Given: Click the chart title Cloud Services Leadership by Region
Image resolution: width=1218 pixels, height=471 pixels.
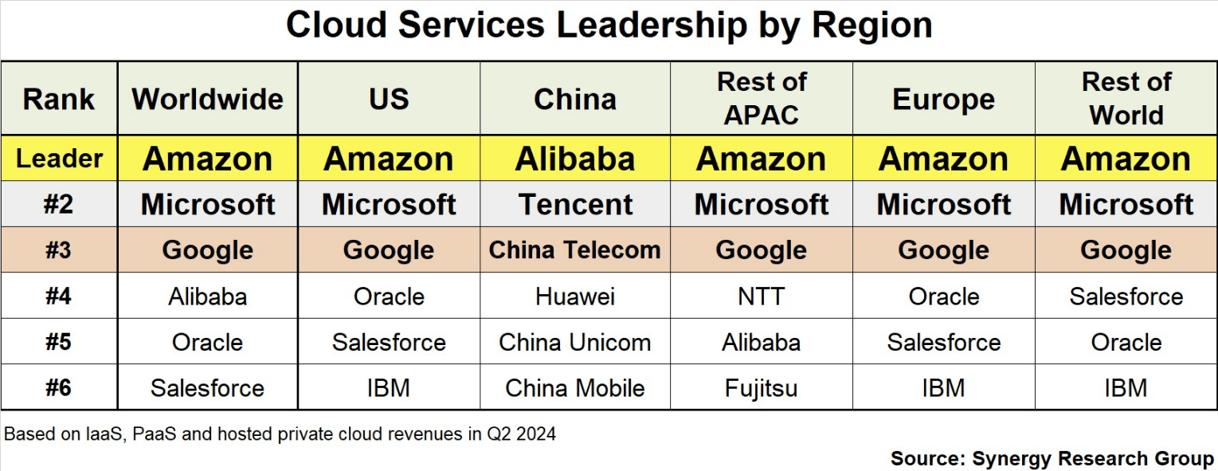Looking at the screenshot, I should coord(609,26).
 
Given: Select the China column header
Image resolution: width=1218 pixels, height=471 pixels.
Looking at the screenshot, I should coord(575,100).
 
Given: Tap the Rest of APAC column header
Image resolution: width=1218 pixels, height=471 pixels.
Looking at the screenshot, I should coord(762,99).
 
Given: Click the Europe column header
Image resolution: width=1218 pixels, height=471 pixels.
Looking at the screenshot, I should coord(943,100).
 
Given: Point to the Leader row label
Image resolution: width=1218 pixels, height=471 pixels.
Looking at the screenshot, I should coord(60,159).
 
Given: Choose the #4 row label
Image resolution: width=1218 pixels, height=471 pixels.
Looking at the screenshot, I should coord(58,296).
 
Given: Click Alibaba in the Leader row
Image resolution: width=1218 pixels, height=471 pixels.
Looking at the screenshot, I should coord(575,159).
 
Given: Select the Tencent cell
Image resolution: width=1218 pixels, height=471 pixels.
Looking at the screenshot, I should coord(575,205).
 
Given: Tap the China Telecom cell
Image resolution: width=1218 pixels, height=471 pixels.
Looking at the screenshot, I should coord(575,250).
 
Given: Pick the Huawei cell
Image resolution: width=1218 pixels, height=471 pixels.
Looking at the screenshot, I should coord(575,296).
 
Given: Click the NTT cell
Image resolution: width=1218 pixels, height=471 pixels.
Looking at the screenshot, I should coord(762,296).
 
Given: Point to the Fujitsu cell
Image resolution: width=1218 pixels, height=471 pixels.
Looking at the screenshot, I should coord(762,388).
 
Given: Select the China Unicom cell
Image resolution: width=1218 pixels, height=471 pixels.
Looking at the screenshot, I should coord(575,343).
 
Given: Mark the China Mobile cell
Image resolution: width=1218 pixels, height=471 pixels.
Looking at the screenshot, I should coord(575,388).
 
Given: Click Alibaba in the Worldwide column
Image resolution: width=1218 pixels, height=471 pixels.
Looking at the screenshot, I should coord(208,296).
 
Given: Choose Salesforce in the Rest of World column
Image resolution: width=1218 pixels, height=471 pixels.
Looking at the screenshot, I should coord(1126,296).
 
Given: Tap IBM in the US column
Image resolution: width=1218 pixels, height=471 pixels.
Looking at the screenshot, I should coord(389,388).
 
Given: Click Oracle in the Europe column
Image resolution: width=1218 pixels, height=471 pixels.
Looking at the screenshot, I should coord(943,296).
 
